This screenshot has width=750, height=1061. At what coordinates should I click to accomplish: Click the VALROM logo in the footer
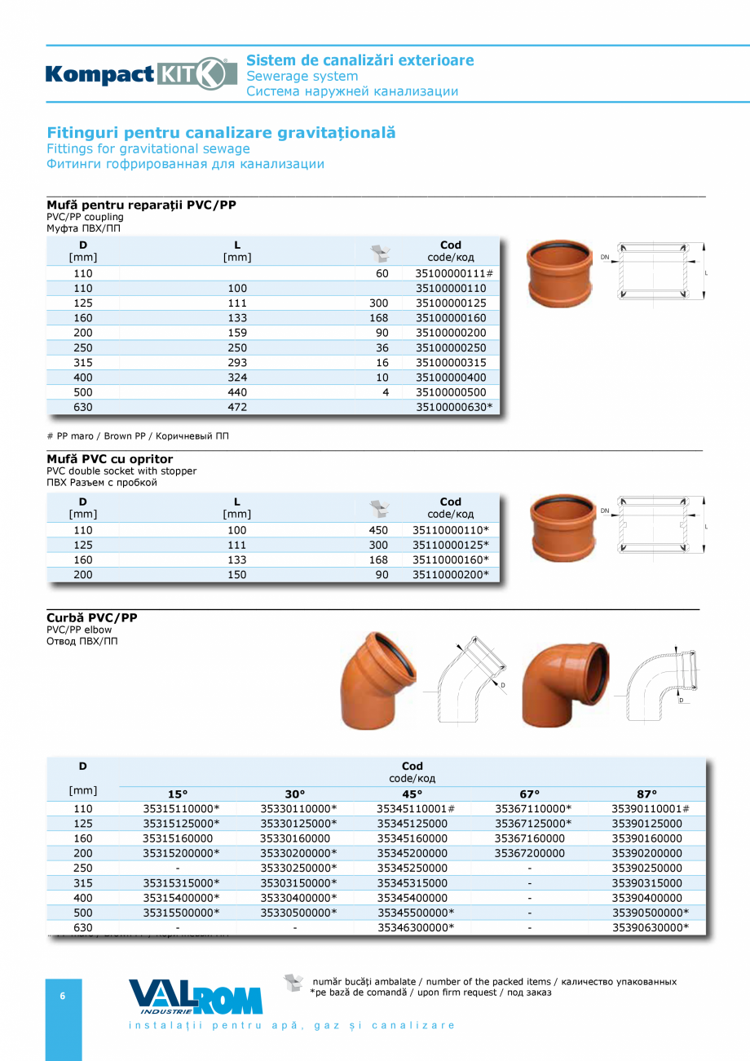point(196,997)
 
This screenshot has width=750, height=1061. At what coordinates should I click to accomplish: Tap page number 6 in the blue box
point(63,996)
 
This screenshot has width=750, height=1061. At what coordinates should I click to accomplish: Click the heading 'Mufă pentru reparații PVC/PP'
point(141,205)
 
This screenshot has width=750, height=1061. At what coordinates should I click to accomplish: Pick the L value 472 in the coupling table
point(237,407)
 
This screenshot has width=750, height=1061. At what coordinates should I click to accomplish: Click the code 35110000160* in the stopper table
point(451,559)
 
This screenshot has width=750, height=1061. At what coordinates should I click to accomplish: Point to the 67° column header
point(530,794)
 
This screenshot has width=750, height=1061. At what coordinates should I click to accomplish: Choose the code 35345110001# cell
point(415,809)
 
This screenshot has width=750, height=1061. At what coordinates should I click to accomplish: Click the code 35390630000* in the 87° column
point(650,927)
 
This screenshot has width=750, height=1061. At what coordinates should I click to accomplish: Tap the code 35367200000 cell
point(530,853)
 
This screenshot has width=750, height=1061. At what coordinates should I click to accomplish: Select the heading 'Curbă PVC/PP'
point(92,617)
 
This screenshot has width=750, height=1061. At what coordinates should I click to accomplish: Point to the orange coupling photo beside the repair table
point(560,275)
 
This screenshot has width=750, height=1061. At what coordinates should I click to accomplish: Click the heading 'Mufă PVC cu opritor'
point(110,459)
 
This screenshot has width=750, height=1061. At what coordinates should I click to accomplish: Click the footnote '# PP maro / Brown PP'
point(138,436)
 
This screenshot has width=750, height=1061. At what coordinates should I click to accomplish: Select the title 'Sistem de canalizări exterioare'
point(360,60)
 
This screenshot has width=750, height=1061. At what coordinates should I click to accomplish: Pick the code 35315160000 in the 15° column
point(178,838)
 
